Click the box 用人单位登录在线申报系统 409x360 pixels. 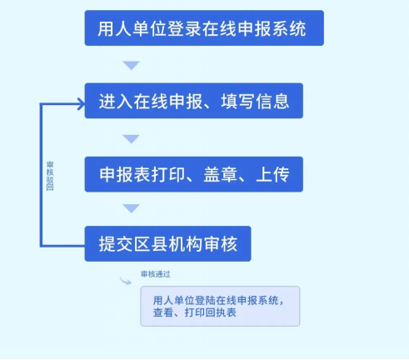(204, 28)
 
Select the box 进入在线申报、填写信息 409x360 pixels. (194, 101)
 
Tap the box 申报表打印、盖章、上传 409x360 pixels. (194, 174)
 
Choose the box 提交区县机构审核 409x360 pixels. (167, 243)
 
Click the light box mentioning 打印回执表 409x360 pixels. (220, 306)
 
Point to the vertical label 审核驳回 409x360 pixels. (50, 176)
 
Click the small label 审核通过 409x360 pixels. (156, 274)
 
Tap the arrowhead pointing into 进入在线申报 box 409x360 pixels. (81, 104)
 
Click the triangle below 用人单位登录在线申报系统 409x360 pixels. (131, 65)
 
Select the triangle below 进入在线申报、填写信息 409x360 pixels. (131, 139)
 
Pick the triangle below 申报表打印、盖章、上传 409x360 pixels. (131, 208)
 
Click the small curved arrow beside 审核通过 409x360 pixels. (126, 281)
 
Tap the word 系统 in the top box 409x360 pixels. (289, 28)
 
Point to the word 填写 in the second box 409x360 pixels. (237, 102)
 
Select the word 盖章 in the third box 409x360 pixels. (220, 174)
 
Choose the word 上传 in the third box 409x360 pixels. (272, 174)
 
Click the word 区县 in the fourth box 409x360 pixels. (151, 244)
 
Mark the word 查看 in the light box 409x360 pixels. (163, 312)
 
